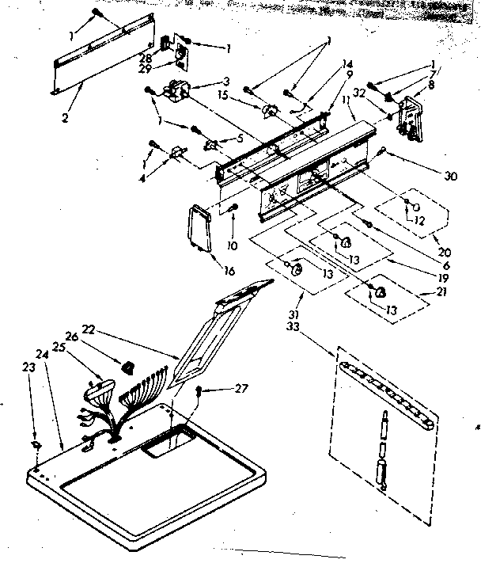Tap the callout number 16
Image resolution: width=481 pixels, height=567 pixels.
tap(229, 271)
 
